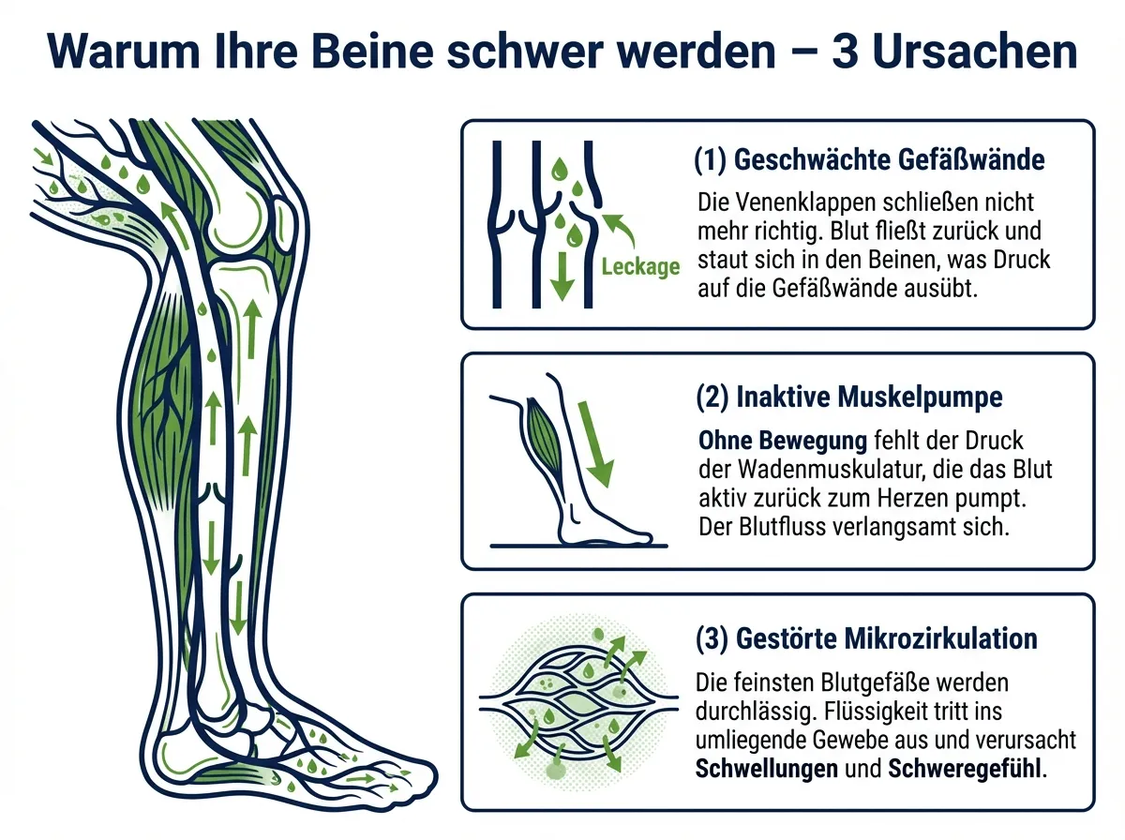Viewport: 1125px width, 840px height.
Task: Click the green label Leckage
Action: (640, 266)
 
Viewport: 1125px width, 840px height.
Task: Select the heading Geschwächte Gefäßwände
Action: (889, 159)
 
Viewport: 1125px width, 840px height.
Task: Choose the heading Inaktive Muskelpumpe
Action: (869, 397)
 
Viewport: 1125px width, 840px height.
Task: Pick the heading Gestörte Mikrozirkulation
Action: (887, 638)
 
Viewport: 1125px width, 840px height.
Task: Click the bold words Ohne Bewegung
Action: (783, 441)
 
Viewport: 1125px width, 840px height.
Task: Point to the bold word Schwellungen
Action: (766, 768)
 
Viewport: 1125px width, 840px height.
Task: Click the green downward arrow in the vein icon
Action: (562, 277)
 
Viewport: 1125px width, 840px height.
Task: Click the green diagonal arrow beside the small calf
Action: (595, 443)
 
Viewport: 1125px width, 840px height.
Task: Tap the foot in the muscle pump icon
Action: (602, 524)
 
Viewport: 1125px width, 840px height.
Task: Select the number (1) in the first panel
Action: (711, 160)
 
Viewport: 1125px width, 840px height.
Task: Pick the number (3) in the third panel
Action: (712, 639)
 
